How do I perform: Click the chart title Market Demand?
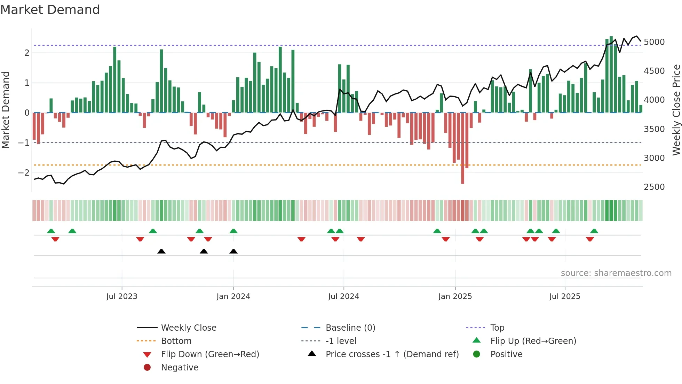pos(50,10)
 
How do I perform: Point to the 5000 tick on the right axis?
pos(654,42)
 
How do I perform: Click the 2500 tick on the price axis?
pos(654,187)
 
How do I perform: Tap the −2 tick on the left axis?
pos(24,173)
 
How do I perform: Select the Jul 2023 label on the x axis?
pos(122,297)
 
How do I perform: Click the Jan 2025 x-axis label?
pos(455,297)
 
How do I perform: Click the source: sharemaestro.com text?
pos(616,273)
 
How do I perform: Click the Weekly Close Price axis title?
pos(676,110)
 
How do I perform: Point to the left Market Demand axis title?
pos(6,110)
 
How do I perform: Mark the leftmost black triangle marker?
pos(161,251)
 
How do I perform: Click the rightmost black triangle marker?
pos(233,251)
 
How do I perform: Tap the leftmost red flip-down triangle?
pos(55,239)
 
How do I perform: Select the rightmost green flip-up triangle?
pos(594,231)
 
